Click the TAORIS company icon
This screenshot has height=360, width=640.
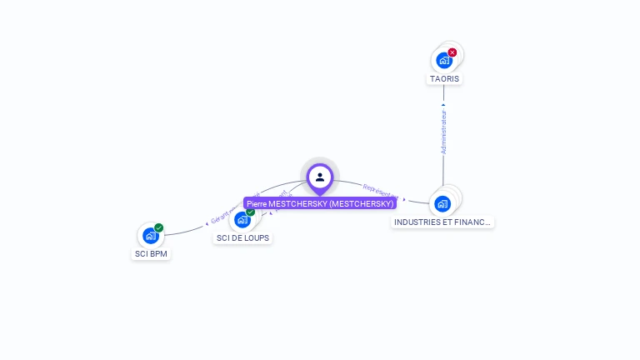(443, 60)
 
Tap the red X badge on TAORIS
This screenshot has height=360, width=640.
(452, 52)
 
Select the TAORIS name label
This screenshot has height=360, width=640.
(444, 79)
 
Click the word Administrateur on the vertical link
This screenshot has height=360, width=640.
(443, 132)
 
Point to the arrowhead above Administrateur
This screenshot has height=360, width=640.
(443, 105)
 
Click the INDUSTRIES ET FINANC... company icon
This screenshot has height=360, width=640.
(442, 203)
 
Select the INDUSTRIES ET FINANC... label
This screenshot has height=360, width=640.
(443, 222)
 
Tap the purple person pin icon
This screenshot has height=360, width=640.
(320, 177)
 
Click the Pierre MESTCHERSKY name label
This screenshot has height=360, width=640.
(320, 203)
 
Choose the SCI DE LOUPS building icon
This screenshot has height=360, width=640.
(242, 220)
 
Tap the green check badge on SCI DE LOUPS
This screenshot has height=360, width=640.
(250, 212)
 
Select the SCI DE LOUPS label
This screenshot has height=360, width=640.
(243, 238)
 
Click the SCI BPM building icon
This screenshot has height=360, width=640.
(150, 236)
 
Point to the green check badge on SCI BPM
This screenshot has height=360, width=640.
(158, 227)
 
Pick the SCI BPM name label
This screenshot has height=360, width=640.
(151, 253)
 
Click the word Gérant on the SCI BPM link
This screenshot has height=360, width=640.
(220, 218)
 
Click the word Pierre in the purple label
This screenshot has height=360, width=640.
(257, 203)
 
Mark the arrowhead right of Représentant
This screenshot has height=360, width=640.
(404, 199)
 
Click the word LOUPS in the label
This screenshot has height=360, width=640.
(257, 238)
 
